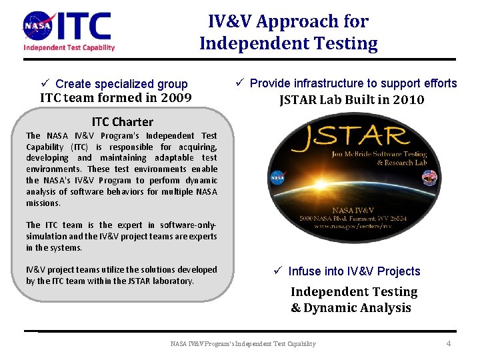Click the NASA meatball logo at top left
[x=39, y=26]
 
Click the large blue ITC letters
[x=85, y=26]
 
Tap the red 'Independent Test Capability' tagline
[x=69, y=47]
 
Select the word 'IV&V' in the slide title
[x=229, y=21]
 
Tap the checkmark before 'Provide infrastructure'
[x=239, y=83]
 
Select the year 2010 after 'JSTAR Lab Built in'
[x=408, y=100]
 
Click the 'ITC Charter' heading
[x=122, y=122]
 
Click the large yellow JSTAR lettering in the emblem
[x=350, y=137]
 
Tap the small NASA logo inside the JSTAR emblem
[x=277, y=178]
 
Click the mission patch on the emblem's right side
[x=431, y=177]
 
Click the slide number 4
[x=448, y=343]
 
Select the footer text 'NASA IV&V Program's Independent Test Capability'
[x=243, y=344]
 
